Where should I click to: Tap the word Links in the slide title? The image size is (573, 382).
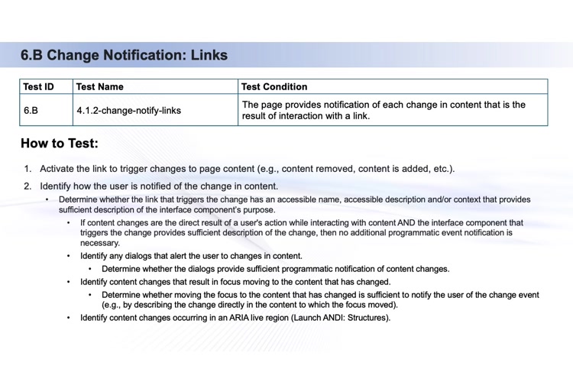[x=209, y=55]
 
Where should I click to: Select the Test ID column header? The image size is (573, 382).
[x=39, y=87]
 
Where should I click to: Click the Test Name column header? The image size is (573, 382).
[x=100, y=87]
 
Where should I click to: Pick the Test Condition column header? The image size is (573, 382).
[x=275, y=87]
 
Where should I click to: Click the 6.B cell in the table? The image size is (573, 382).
[x=31, y=110]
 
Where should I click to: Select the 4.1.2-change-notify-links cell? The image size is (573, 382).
[x=129, y=110]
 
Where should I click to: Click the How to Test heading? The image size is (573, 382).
[x=60, y=143]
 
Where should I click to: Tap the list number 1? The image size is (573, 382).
[x=28, y=169]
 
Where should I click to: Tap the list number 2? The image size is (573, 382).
[x=28, y=186]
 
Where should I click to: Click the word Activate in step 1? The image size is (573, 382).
[x=59, y=169]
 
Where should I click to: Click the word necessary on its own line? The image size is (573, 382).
[x=100, y=242]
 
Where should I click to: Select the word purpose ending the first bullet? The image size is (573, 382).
[x=255, y=209]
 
